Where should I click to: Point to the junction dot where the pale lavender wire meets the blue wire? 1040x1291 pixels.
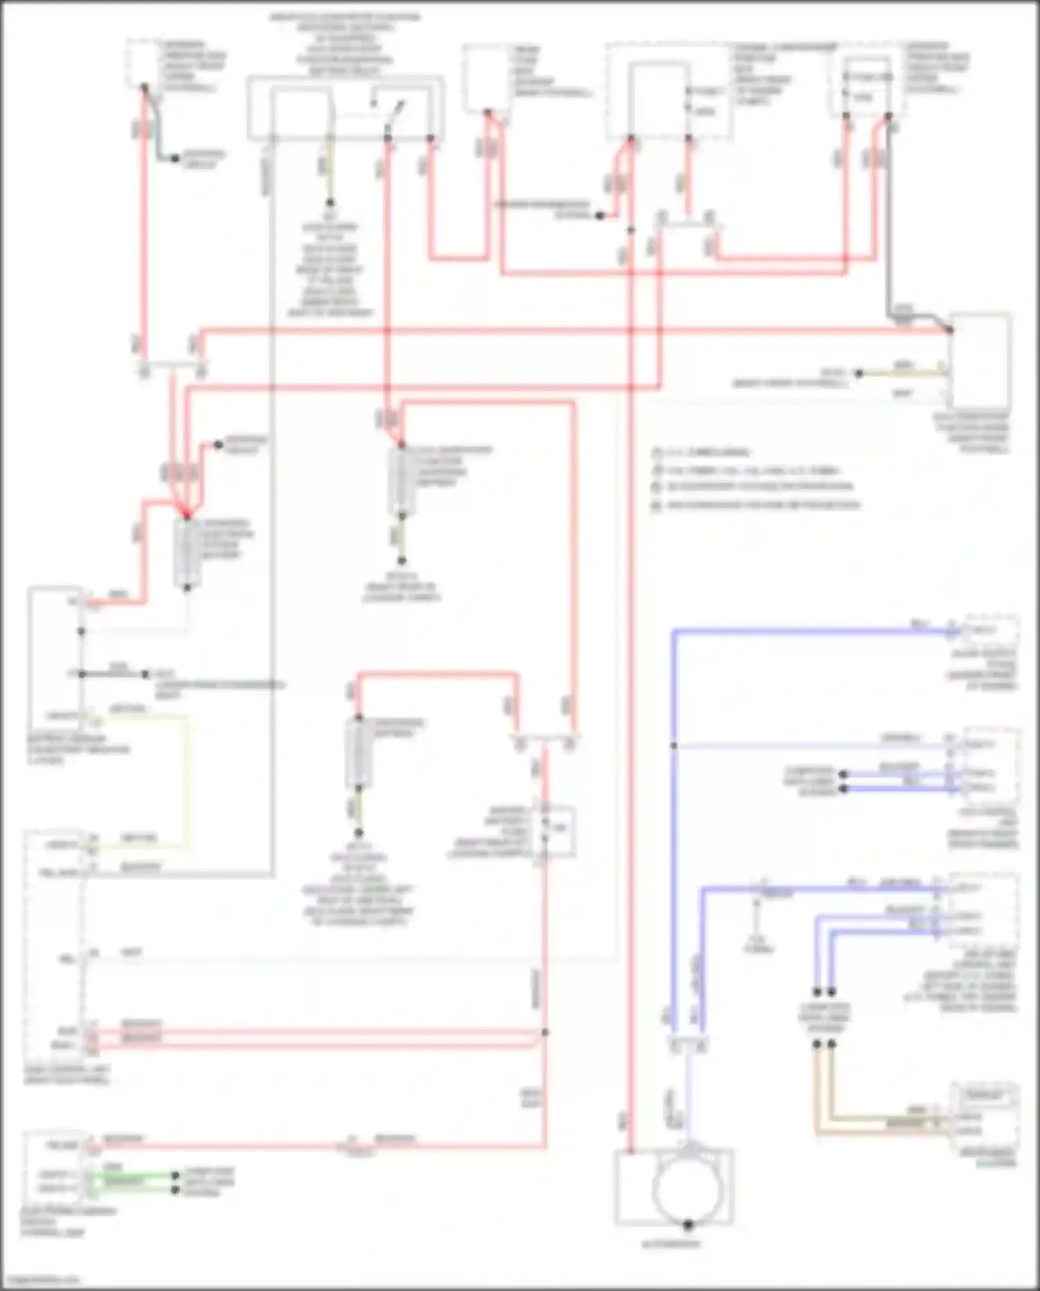tap(673, 746)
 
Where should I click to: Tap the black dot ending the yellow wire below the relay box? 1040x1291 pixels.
tap(331, 203)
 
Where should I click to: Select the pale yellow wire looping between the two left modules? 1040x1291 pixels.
tap(186, 777)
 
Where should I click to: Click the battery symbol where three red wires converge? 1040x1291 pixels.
tap(187, 552)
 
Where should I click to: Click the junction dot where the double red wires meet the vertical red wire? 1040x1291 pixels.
tap(545, 1032)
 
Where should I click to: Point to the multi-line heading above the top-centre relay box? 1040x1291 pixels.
tap(345, 38)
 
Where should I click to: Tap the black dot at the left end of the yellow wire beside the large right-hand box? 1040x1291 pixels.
tap(858, 373)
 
